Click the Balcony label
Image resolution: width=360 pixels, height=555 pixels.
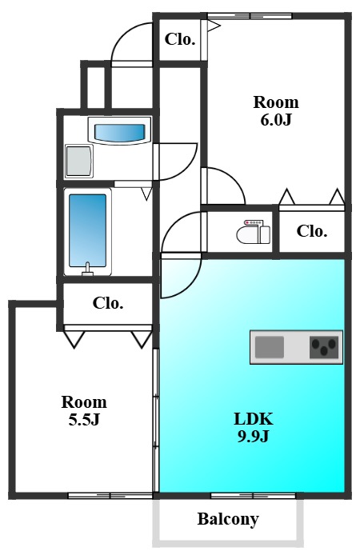coord(228,519)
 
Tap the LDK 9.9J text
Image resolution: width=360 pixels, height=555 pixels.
coord(254,427)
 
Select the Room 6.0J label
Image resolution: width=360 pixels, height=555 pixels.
coord(276,111)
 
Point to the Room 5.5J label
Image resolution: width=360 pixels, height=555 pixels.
coord(84,410)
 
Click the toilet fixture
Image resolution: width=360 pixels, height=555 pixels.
coord(254,232)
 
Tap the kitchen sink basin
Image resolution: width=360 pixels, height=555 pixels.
coord(270,347)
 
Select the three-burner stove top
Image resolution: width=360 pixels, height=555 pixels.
coord(324,347)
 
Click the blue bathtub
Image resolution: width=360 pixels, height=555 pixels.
coord(87,232)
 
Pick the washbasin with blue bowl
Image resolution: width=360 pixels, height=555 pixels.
coord(120,131)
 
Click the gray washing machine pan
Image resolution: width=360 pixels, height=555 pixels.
coord(79,162)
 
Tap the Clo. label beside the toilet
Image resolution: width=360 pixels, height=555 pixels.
coord(312,231)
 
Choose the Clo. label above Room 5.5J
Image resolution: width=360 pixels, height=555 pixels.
coord(108,303)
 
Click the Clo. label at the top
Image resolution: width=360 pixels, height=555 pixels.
coord(180,39)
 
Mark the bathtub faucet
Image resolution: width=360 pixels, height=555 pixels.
coord(87,270)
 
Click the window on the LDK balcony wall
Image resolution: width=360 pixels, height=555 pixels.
coord(253,496)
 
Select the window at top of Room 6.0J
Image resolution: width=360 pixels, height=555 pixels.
coord(250,16)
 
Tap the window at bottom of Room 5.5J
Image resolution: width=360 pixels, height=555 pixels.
coord(110,496)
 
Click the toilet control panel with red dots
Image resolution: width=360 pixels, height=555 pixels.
coord(254,222)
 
